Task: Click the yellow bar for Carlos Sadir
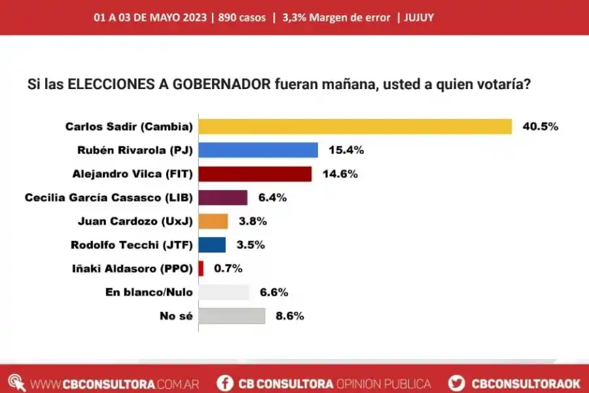tap(355, 126)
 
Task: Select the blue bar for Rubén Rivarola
tap(258, 150)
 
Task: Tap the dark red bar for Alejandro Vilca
tap(255, 174)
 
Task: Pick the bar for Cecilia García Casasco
tap(223, 197)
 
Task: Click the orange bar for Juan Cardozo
tap(213, 221)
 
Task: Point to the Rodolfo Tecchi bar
tap(212, 244)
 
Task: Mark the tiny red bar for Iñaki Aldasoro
tap(201, 268)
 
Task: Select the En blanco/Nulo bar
tap(223, 292)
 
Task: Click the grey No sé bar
tap(232, 316)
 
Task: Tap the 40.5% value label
tap(540, 126)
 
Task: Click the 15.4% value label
tap(346, 150)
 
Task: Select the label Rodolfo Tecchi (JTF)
tap(132, 244)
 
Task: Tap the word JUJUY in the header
tap(420, 18)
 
